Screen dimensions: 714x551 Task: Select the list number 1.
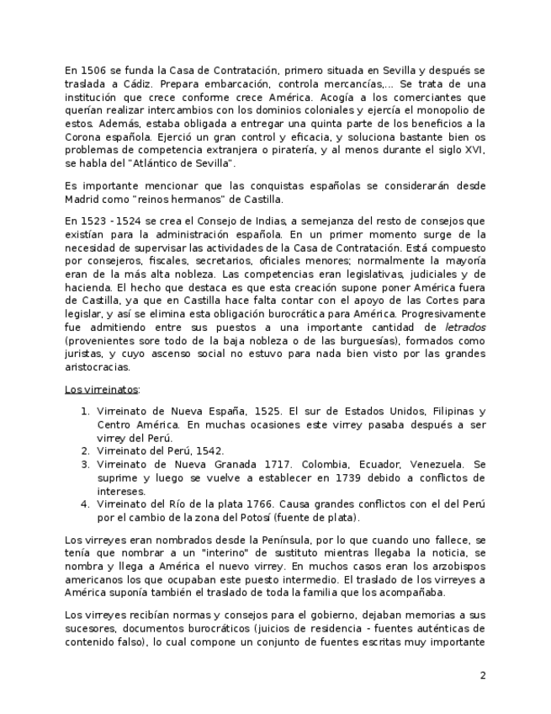[85, 412]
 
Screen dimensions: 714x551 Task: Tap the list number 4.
[85, 504]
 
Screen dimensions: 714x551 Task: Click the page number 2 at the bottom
[483, 675]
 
